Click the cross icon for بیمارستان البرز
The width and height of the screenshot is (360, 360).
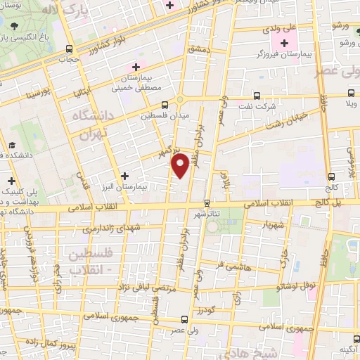(x=125, y=176)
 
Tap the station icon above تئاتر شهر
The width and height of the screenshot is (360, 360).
(x=206, y=203)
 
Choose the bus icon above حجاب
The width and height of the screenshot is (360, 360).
(x=69, y=49)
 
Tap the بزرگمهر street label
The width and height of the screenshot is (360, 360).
(x=165, y=152)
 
